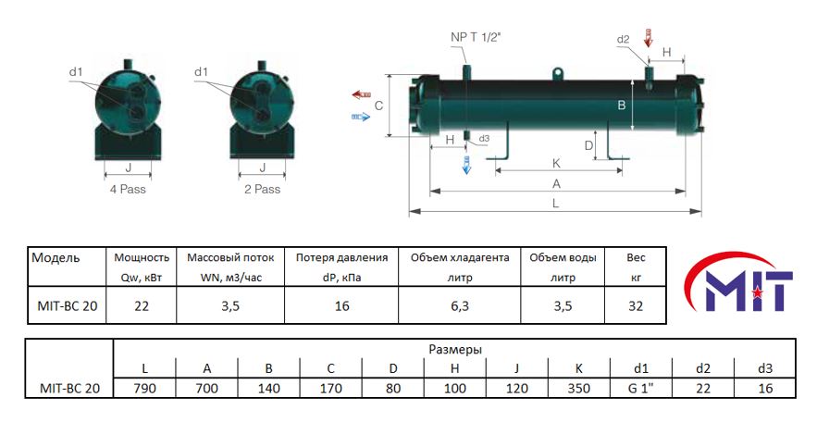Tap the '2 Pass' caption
261,189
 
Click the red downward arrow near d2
648,39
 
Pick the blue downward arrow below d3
466,166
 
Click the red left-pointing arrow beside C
360,94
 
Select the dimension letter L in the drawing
554,202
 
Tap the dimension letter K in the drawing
556,161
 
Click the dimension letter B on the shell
622,105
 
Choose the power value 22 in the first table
142,306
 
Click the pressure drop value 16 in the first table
341,306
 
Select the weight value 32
636,306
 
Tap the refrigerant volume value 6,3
459,306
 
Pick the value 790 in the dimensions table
143,389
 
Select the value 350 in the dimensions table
577,389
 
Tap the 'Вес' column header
636,257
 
